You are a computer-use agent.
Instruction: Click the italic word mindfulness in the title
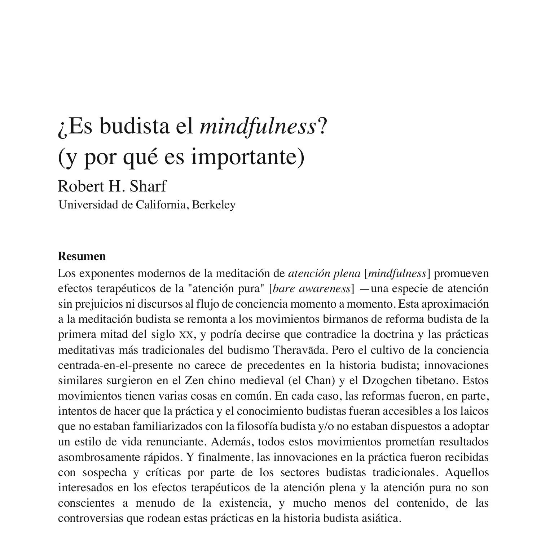(x=258, y=127)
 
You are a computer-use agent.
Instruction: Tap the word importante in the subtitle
(x=248, y=157)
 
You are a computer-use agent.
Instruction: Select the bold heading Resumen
(x=82, y=256)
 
